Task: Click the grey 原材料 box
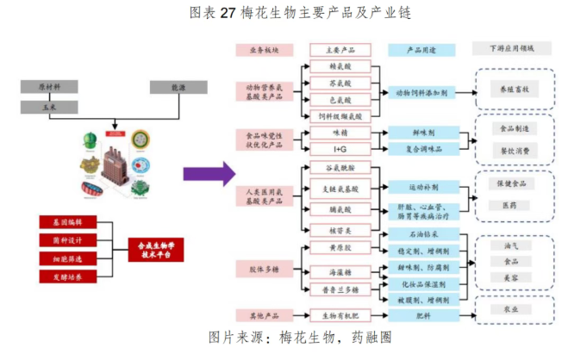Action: (51, 87)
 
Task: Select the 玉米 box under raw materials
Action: (51, 107)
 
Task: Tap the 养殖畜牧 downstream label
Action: (515, 90)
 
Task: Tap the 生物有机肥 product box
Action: (338, 316)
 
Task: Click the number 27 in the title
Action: (228, 13)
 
